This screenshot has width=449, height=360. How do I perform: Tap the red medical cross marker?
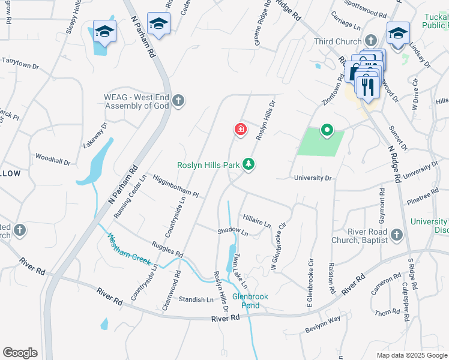click(x=240, y=129)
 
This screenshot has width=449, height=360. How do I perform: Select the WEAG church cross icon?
click(x=178, y=101)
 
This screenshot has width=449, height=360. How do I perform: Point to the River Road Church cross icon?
click(x=396, y=235)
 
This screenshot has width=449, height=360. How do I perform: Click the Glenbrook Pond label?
click(x=250, y=301)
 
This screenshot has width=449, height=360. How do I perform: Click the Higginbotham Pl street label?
click(x=175, y=186)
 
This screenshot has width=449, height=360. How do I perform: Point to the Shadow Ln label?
click(x=232, y=230)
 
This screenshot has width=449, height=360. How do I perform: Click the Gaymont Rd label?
click(x=381, y=207)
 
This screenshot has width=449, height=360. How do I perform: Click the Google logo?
click(x=20, y=353)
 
